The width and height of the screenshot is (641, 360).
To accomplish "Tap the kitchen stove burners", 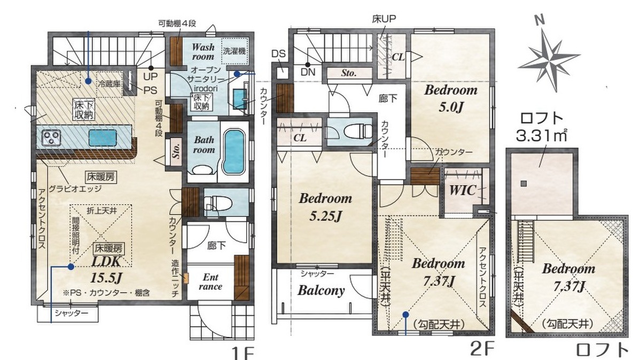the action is tap(52, 137).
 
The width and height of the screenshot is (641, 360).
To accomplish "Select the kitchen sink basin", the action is tap(103, 138).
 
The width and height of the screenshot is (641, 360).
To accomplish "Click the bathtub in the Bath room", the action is tap(234, 151).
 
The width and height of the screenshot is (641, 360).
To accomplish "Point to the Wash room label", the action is tap(203, 51).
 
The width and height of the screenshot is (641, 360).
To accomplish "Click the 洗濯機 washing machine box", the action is tap(234, 51).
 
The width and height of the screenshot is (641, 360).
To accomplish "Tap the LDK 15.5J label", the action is tap(106, 269).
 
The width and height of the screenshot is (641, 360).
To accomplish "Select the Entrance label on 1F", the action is tap(210, 282).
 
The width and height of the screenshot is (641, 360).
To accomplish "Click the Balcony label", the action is tap(321, 291).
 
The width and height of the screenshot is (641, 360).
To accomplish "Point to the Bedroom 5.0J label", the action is tap(451, 99).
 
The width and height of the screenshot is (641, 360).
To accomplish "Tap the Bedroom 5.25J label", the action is tap(325, 207).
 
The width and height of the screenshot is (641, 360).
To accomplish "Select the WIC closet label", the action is tap(463, 190).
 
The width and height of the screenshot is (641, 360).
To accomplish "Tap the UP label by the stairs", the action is tap(150, 77).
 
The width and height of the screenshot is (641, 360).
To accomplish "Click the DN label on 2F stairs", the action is tap(308, 72).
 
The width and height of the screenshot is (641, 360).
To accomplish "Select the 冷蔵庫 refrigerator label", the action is tap(109, 84).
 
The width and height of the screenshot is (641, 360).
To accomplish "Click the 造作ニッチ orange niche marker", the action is tap(186, 278).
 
